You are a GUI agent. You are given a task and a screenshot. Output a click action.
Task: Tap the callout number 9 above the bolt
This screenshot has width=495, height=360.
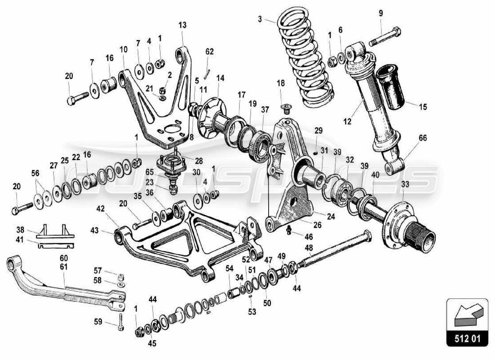[381, 13]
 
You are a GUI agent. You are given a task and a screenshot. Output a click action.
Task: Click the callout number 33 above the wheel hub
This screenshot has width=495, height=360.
[405, 184]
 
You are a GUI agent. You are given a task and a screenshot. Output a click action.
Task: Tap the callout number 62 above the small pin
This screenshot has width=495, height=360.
[210, 52]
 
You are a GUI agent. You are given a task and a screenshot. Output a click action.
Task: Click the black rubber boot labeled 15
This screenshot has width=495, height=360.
[390, 87]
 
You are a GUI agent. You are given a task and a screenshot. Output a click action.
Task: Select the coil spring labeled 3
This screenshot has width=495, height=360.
[306, 54]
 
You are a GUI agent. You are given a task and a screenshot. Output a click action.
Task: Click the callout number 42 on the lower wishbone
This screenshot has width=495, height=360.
[100, 209]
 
